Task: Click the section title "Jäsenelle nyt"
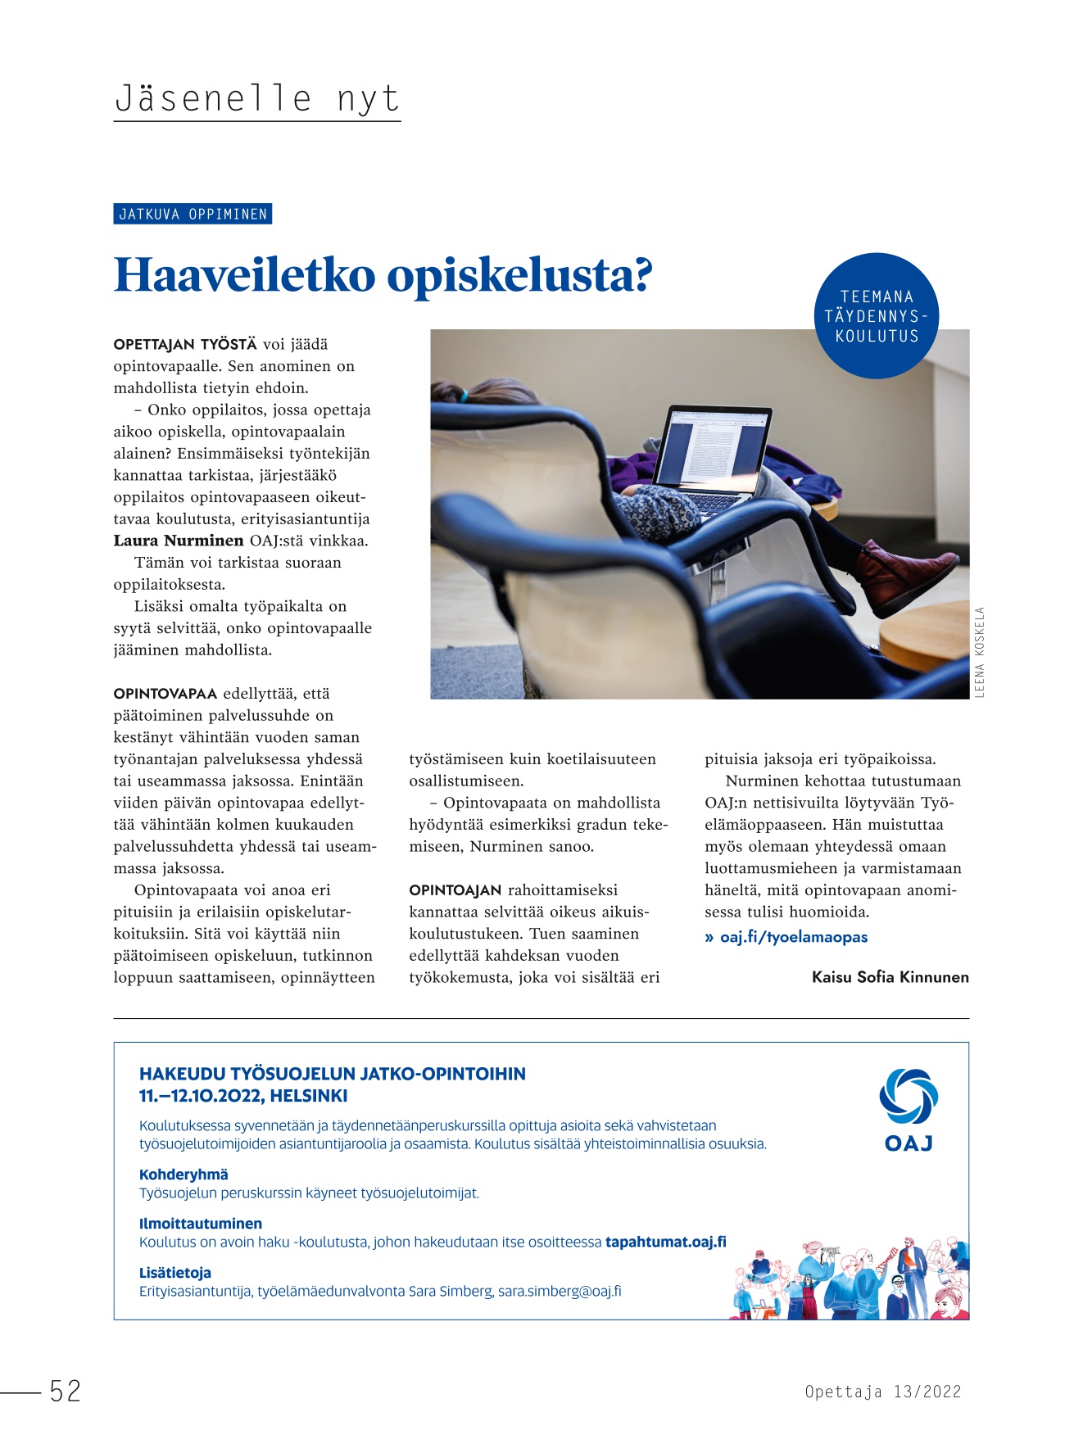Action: click(x=256, y=99)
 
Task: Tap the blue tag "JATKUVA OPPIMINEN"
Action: click(x=193, y=215)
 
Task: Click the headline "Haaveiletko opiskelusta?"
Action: click(x=383, y=275)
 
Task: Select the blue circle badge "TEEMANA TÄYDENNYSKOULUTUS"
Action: click(x=877, y=316)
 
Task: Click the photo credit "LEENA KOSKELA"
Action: click(x=980, y=653)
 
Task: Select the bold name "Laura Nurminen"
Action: click(x=179, y=541)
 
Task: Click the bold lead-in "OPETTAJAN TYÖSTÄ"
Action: click(x=185, y=345)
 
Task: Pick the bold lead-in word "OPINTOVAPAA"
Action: click(x=165, y=694)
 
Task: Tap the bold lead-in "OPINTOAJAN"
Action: click(x=455, y=890)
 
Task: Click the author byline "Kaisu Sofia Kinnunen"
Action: click(x=890, y=977)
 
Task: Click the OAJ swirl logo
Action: click(x=909, y=1097)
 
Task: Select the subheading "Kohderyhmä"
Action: click(x=184, y=1175)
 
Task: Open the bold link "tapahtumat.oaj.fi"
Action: click(x=665, y=1242)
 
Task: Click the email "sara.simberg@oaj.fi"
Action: click(x=560, y=1291)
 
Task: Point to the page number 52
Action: click(x=66, y=1391)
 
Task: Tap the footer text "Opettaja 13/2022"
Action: click(x=882, y=1392)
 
